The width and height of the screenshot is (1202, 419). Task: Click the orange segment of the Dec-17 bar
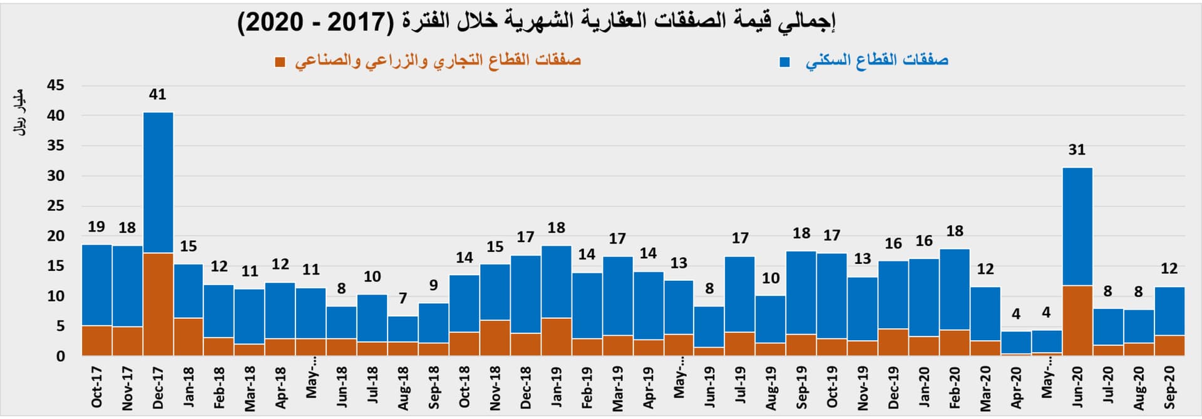[158, 304]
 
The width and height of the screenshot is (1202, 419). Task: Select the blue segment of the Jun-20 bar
[1077, 226]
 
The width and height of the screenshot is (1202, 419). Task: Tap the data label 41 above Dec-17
[158, 94]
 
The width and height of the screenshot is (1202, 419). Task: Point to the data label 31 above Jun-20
[1077, 150]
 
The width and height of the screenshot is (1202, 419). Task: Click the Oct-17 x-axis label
[97, 387]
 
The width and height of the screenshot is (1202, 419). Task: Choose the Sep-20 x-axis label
[1169, 387]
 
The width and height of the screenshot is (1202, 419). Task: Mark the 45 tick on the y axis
[56, 86]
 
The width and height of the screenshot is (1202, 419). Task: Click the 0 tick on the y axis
[60, 356]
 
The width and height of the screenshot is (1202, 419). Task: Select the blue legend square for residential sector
[784, 62]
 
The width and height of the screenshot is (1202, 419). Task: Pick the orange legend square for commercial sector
[280, 62]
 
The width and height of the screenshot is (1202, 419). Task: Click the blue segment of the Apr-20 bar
[1015, 343]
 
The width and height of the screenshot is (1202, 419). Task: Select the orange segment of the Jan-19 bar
[557, 336]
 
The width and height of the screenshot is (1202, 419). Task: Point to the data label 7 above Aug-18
[403, 298]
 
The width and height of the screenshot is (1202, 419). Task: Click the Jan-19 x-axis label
[557, 387]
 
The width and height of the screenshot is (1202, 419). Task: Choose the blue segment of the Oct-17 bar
[97, 285]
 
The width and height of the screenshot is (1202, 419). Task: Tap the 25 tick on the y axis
[56, 206]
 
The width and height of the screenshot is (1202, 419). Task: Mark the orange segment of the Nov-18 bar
[495, 338]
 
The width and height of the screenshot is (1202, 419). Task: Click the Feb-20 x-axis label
[955, 388]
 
